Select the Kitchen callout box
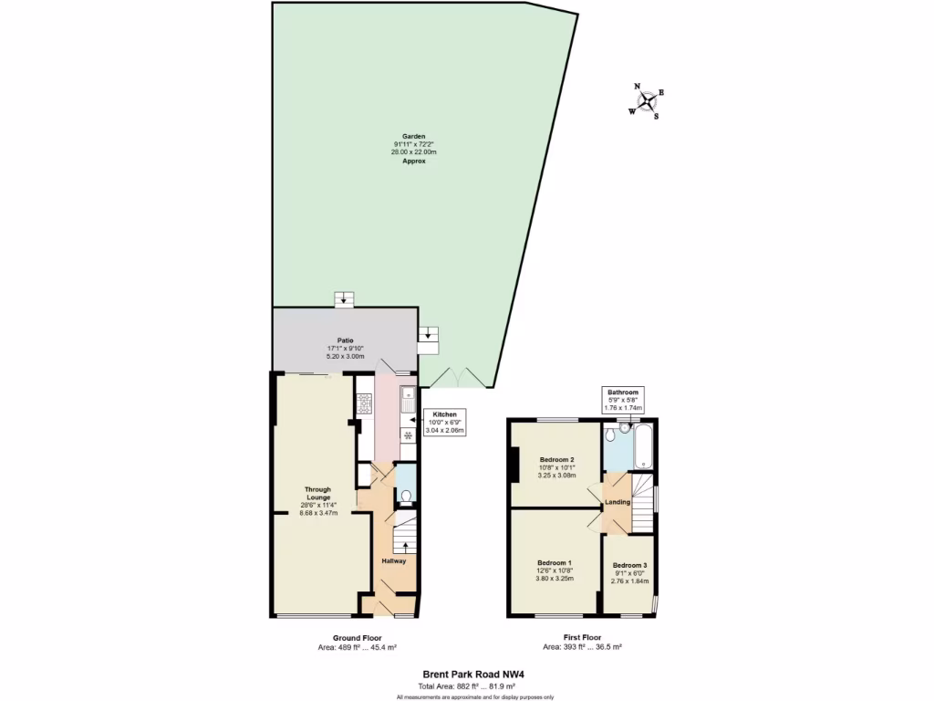[x=443, y=421]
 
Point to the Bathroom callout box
[x=625, y=399]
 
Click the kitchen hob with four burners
[x=365, y=403]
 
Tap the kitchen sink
[x=407, y=399]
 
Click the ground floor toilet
[x=406, y=495]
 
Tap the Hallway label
[x=394, y=560]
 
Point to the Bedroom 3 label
[x=628, y=565]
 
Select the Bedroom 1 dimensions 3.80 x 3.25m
[x=555, y=579]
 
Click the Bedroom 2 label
[x=556, y=459]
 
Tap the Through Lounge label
[x=318, y=493]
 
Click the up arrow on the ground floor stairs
[x=406, y=547]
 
